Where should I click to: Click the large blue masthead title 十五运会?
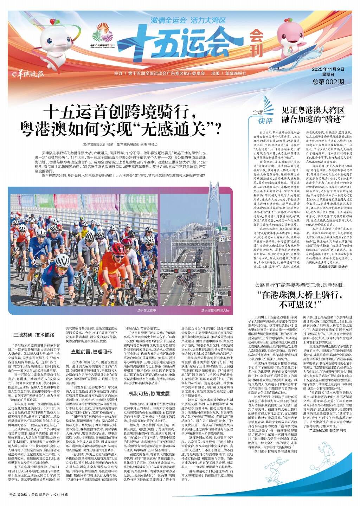(189, 41)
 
